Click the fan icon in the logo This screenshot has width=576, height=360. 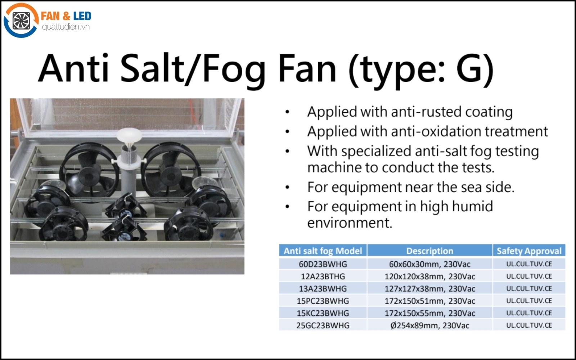pos(21,21)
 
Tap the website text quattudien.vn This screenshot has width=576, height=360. pos(66,27)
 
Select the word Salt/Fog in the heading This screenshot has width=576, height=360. pos(193,69)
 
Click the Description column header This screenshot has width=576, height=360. pos(430,251)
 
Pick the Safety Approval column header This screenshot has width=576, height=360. pos(529,251)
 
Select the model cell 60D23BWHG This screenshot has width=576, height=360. pos(323,264)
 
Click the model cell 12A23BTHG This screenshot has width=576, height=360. pos(323,276)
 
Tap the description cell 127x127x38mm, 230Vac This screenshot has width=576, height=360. pos(430,289)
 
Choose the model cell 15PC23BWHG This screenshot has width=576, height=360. pos(323,301)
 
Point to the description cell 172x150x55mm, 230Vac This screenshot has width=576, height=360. pos(430,313)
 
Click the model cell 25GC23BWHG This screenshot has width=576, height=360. pos(323,325)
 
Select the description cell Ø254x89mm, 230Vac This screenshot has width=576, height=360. pos(430,325)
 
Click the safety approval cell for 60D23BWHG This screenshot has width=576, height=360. pos(529,264)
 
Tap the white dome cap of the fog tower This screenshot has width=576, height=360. pos(129,135)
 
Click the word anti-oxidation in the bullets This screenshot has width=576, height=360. pos(436,131)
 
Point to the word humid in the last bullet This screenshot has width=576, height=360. pos(473,206)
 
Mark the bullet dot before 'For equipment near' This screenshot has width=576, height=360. pos(288,187)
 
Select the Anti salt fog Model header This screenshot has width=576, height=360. pos(323,251)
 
